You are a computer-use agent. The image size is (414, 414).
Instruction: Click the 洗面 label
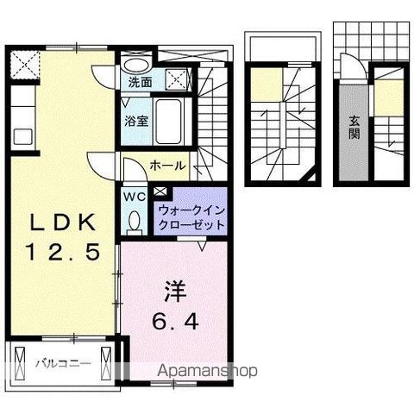pyautogui.click(x=141, y=84)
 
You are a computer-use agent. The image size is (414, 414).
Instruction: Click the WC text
pyautogui.click(x=135, y=196)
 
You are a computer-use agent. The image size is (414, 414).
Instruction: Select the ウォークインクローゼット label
pyautogui.click(x=191, y=217)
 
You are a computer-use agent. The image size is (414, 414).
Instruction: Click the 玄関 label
pyautogui.click(x=354, y=126)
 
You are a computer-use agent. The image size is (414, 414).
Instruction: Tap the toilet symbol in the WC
pyautogui.click(x=135, y=222)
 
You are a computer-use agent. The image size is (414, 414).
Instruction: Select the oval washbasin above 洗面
pyautogui.click(x=135, y=63)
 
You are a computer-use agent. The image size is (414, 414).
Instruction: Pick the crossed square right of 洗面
pyautogui.click(x=177, y=78)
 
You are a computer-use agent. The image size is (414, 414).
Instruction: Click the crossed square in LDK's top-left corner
pyautogui.click(x=26, y=64)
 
